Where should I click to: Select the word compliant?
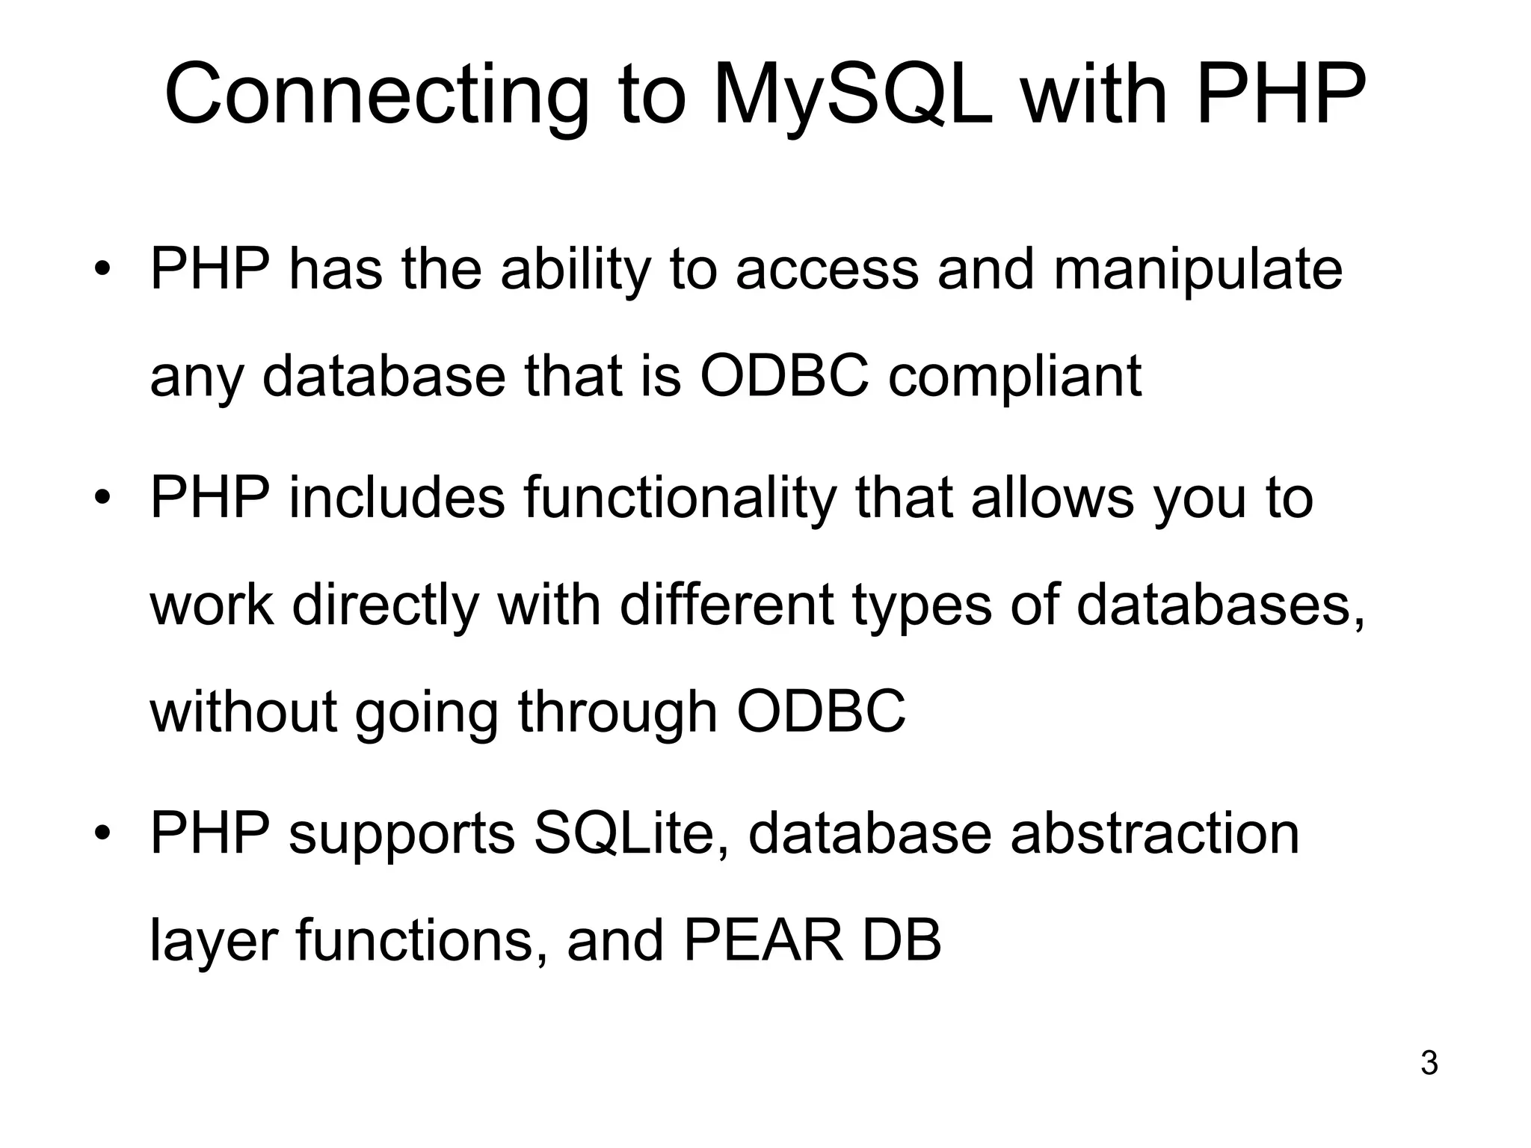click(x=1014, y=377)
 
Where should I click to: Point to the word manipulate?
click(x=1198, y=271)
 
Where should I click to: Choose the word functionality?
click(x=680, y=499)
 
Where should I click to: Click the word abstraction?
click(x=1155, y=834)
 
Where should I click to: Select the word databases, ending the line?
click(x=1221, y=605)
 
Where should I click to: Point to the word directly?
click(x=385, y=605)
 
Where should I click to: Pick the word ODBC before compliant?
click(x=784, y=375)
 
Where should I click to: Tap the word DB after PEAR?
click(x=902, y=940)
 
